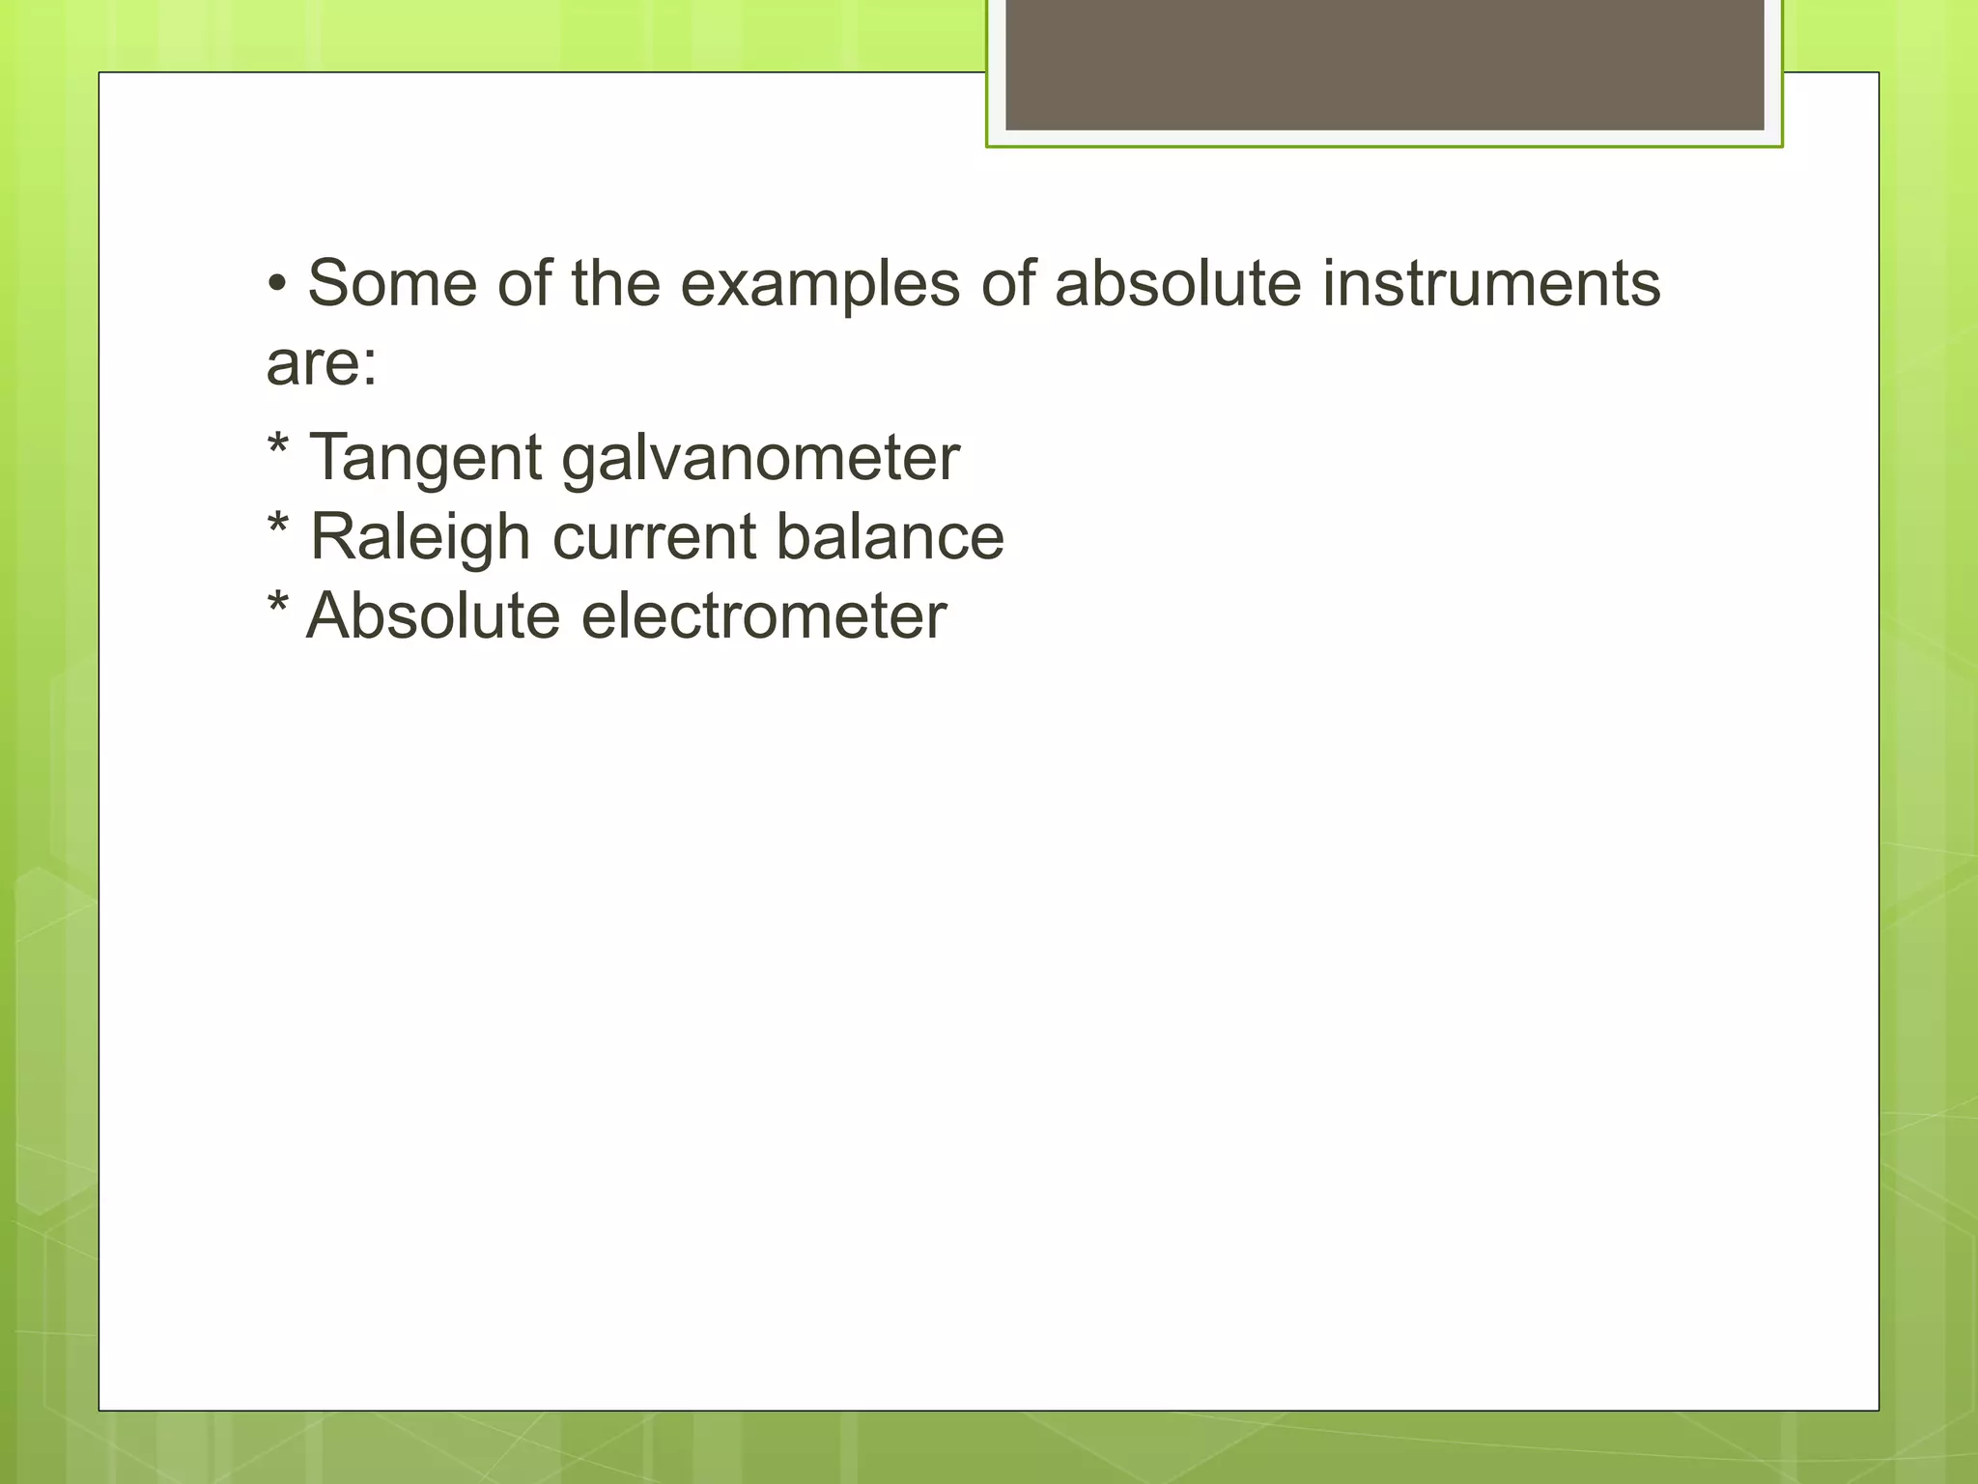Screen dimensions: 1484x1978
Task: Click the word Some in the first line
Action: click(392, 284)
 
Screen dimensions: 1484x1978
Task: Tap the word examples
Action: click(820, 284)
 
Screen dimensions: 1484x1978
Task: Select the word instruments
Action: click(1491, 284)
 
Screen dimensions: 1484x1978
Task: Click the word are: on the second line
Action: click(322, 364)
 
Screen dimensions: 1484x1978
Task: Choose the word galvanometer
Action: click(760, 458)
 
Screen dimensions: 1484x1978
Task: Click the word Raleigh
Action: click(420, 537)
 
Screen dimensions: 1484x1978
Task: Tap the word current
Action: click(654, 537)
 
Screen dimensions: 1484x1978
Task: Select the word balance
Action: click(890, 537)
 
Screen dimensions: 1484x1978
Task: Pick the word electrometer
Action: click(764, 616)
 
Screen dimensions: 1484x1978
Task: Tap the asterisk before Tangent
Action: click(278, 446)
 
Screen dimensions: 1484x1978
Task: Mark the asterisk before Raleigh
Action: click(278, 526)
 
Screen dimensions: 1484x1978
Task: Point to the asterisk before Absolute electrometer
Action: click(278, 605)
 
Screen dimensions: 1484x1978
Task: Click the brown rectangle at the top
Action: click(1384, 64)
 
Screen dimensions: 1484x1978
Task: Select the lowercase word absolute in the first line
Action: click(1177, 284)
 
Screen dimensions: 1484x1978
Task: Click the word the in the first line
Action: click(615, 284)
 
